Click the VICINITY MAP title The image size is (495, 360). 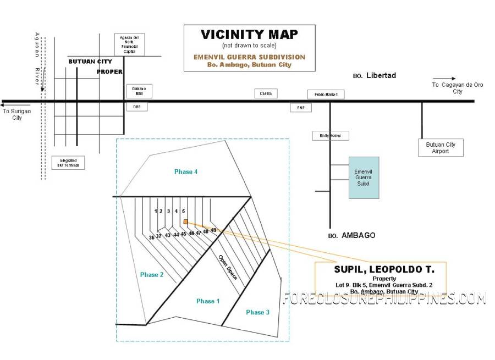[x=249, y=34]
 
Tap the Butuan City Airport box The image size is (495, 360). [x=441, y=148]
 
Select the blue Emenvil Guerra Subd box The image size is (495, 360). [x=364, y=178]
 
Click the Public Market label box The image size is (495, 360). [x=326, y=95]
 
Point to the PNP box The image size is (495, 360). [x=301, y=108]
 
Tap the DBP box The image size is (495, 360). [x=137, y=107]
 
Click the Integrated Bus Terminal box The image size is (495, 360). [x=69, y=162]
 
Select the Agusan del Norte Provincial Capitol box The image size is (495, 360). [x=129, y=45]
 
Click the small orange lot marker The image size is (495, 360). [x=185, y=222]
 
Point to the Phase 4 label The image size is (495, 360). [x=186, y=172]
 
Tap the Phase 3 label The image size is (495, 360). [x=257, y=312]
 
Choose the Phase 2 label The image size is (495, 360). [x=151, y=275]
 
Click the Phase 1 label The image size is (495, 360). [x=208, y=301]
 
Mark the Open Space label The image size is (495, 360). [x=228, y=268]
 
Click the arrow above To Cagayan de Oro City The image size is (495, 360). [x=444, y=79]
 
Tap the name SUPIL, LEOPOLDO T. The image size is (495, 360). [x=384, y=270]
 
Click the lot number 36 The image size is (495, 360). [x=151, y=237]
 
